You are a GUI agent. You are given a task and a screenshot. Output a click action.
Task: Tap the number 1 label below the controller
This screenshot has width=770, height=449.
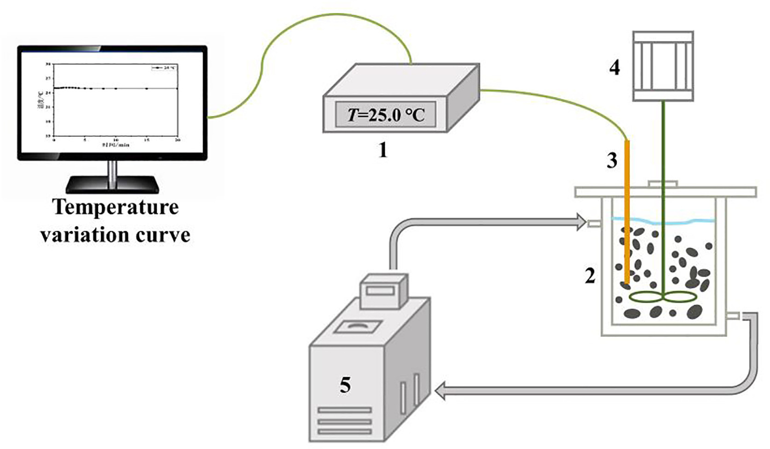383,150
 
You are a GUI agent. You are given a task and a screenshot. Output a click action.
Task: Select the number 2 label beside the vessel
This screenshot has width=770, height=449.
590,276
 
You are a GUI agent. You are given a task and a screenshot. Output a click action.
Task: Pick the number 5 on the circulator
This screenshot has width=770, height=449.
345,385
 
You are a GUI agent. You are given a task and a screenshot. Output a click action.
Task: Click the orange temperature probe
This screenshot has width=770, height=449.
626,207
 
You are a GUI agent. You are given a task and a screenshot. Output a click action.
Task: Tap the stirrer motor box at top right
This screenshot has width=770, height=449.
663,65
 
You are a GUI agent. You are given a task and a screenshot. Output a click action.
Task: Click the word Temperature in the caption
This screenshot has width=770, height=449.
116,207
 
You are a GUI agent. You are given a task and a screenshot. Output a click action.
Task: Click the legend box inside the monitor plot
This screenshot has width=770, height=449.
164,68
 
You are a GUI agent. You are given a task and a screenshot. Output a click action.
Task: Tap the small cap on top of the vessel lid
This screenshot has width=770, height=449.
663,184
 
